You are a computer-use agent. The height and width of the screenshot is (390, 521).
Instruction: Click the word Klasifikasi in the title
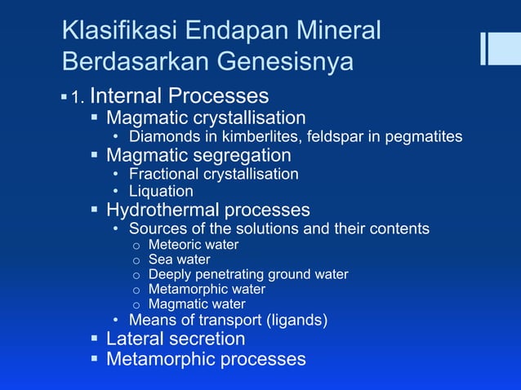click(118, 32)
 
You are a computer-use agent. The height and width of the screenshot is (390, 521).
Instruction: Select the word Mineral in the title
click(334, 32)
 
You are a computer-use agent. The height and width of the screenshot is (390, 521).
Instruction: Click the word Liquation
click(161, 192)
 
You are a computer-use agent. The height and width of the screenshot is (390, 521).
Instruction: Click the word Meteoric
click(174, 245)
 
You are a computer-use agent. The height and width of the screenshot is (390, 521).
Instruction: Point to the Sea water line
click(179, 259)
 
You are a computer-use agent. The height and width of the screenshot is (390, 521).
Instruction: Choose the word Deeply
click(169, 275)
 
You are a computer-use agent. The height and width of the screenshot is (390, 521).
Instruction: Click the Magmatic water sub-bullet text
click(197, 304)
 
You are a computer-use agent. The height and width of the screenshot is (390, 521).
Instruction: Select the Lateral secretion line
click(176, 339)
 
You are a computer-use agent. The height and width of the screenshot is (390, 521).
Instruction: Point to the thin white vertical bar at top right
click(483, 48)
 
